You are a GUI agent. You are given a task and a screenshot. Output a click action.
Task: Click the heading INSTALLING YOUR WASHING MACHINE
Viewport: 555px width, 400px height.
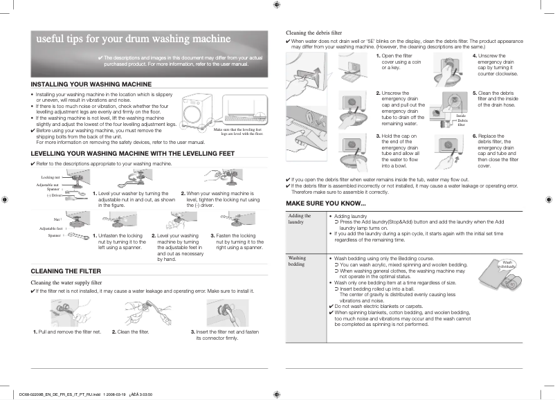point(91,84)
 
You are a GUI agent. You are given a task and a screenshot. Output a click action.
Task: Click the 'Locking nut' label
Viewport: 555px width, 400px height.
point(51,178)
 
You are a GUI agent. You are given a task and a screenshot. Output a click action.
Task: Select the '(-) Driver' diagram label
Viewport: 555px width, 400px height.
point(54,195)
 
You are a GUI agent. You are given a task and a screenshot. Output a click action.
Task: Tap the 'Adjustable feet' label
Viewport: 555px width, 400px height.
point(51,228)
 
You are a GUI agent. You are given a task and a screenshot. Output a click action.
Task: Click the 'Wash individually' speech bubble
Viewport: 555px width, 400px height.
point(507,264)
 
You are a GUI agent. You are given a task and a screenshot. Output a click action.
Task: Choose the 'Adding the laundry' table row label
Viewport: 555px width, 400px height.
point(300,219)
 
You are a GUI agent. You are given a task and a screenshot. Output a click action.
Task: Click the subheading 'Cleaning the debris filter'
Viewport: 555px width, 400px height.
point(313,33)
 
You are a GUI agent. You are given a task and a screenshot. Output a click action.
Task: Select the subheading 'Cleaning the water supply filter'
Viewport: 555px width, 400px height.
point(67,282)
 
